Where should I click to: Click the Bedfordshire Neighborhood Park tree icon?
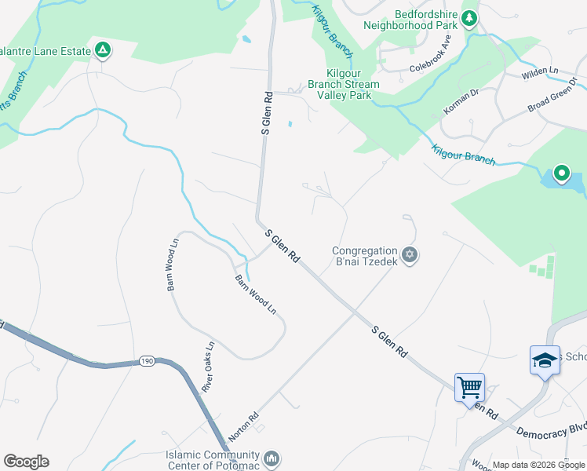click(x=469, y=17)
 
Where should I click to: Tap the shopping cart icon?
click(x=469, y=386)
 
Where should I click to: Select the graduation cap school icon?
click(x=545, y=360)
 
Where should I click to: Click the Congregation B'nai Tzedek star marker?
click(x=409, y=255)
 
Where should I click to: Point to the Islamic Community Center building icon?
click(x=272, y=457)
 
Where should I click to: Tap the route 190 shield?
click(x=148, y=361)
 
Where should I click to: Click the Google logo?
click(x=26, y=462)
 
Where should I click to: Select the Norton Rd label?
click(x=243, y=427)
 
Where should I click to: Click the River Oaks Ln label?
click(x=209, y=367)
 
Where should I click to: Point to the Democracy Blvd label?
click(x=551, y=430)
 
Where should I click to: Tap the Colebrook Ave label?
click(x=433, y=62)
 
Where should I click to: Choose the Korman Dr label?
click(x=461, y=103)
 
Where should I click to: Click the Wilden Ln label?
click(x=541, y=71)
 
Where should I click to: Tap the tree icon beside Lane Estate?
click(x=102, y=51)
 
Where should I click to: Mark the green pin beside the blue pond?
click(x=561, y=173)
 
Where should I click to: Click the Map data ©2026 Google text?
click(x=538, y=465)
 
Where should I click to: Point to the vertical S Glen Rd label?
click(x=267, y=114)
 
